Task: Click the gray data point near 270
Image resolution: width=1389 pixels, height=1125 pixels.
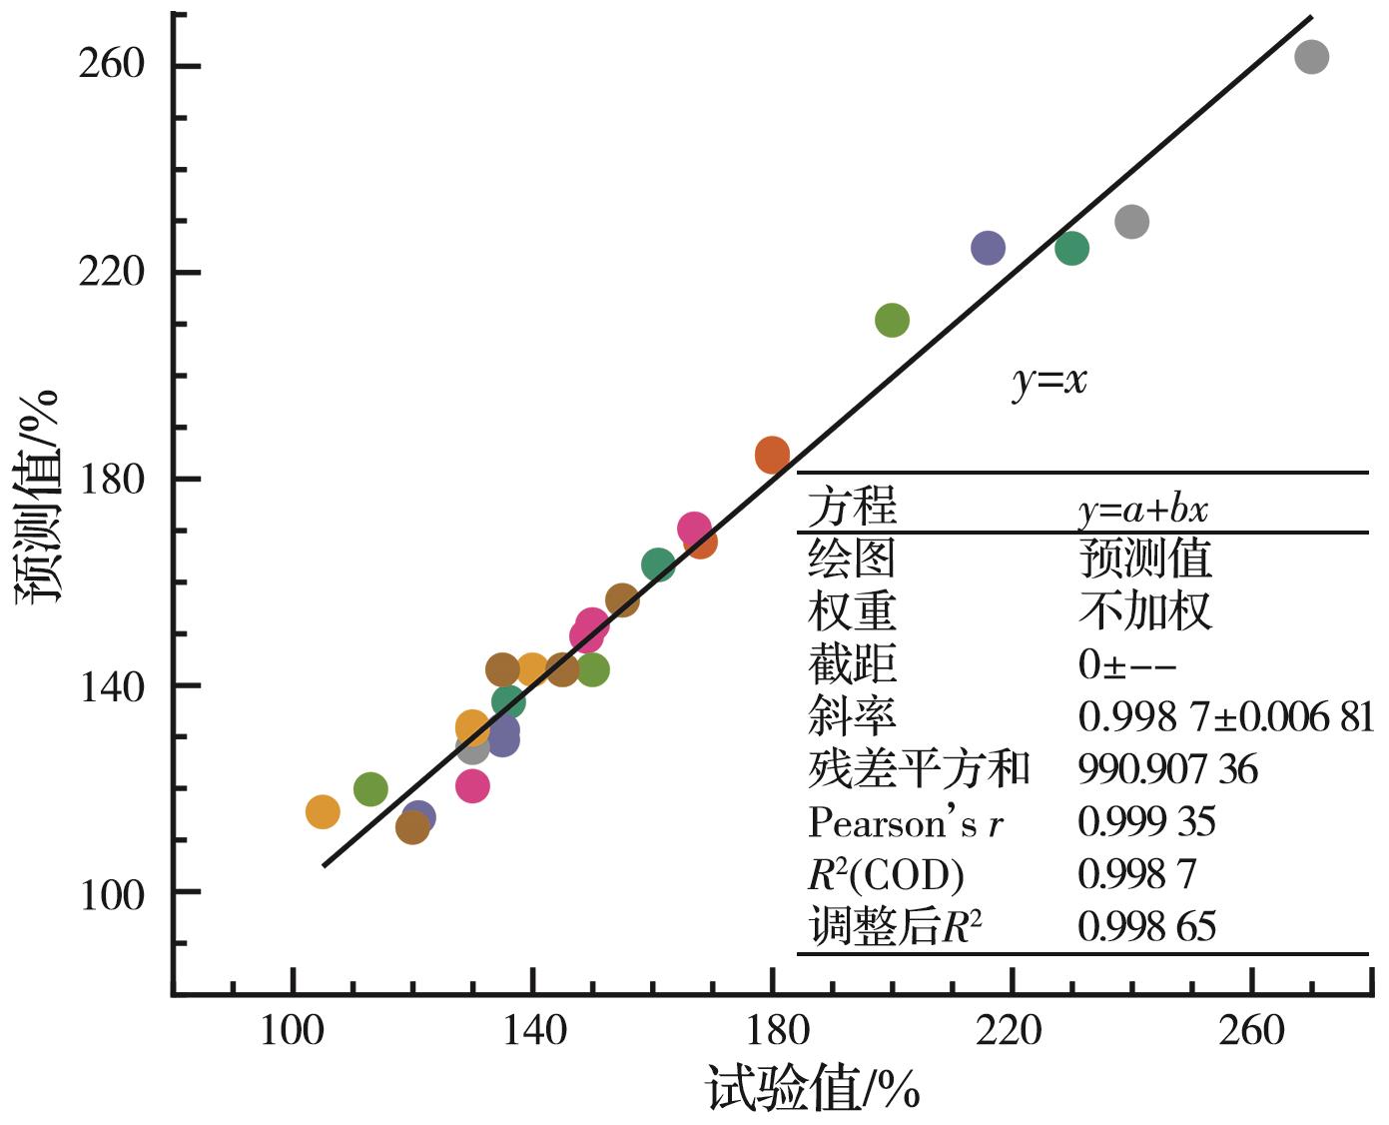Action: coord(1311,57)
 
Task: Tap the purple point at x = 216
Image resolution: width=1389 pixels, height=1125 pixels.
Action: coord(988,248)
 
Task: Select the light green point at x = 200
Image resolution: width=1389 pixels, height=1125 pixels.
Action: coord(892,321)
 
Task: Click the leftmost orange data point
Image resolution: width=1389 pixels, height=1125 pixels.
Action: coord(322,812)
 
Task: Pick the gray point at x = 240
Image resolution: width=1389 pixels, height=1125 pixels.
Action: coord(1131,222)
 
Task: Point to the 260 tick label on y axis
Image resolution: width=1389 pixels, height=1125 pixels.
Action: coord(112,65)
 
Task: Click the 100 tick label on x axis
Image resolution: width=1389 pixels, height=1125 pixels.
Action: coord(293,1030)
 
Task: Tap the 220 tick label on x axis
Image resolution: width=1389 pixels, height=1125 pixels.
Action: coord(1012,1030)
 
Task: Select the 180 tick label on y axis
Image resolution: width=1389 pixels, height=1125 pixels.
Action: coord(112,479)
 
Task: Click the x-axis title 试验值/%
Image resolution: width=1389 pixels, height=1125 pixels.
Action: coord(813,1089)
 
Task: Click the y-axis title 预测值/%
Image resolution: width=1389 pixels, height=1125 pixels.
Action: coord(38,496)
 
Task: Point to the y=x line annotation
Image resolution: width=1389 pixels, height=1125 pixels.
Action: coord(1048,381)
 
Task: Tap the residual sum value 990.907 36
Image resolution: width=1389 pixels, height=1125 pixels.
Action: coord(1167,769)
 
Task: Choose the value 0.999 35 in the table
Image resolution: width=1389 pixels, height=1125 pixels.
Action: coord(1146,822)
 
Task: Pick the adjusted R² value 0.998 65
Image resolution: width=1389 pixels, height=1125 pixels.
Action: coord(1146,927)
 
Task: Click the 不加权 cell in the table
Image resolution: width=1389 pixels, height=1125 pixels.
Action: coord(1144,611)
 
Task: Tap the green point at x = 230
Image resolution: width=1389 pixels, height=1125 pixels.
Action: coord(1071,248)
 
